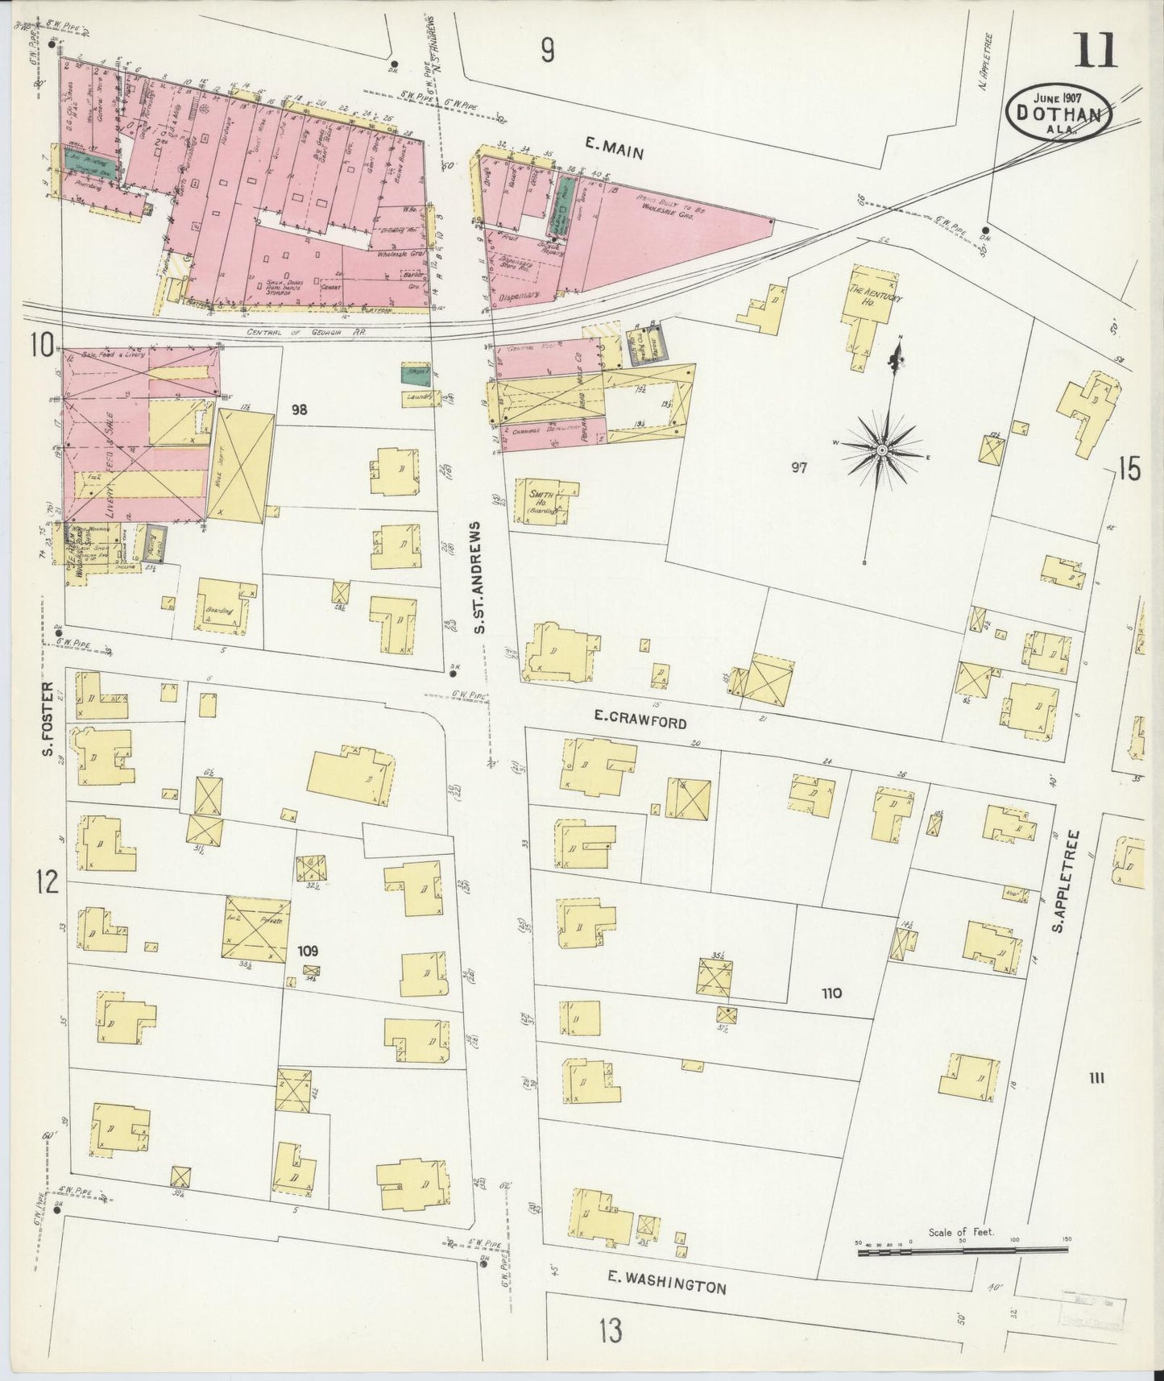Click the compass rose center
click(882, 449)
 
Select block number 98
click(300, 410)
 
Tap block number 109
click(308, 950)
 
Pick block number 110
click(831, 993)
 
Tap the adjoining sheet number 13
click(610, 1331)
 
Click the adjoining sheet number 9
click(547, 52)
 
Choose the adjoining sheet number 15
click(1129, 470)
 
